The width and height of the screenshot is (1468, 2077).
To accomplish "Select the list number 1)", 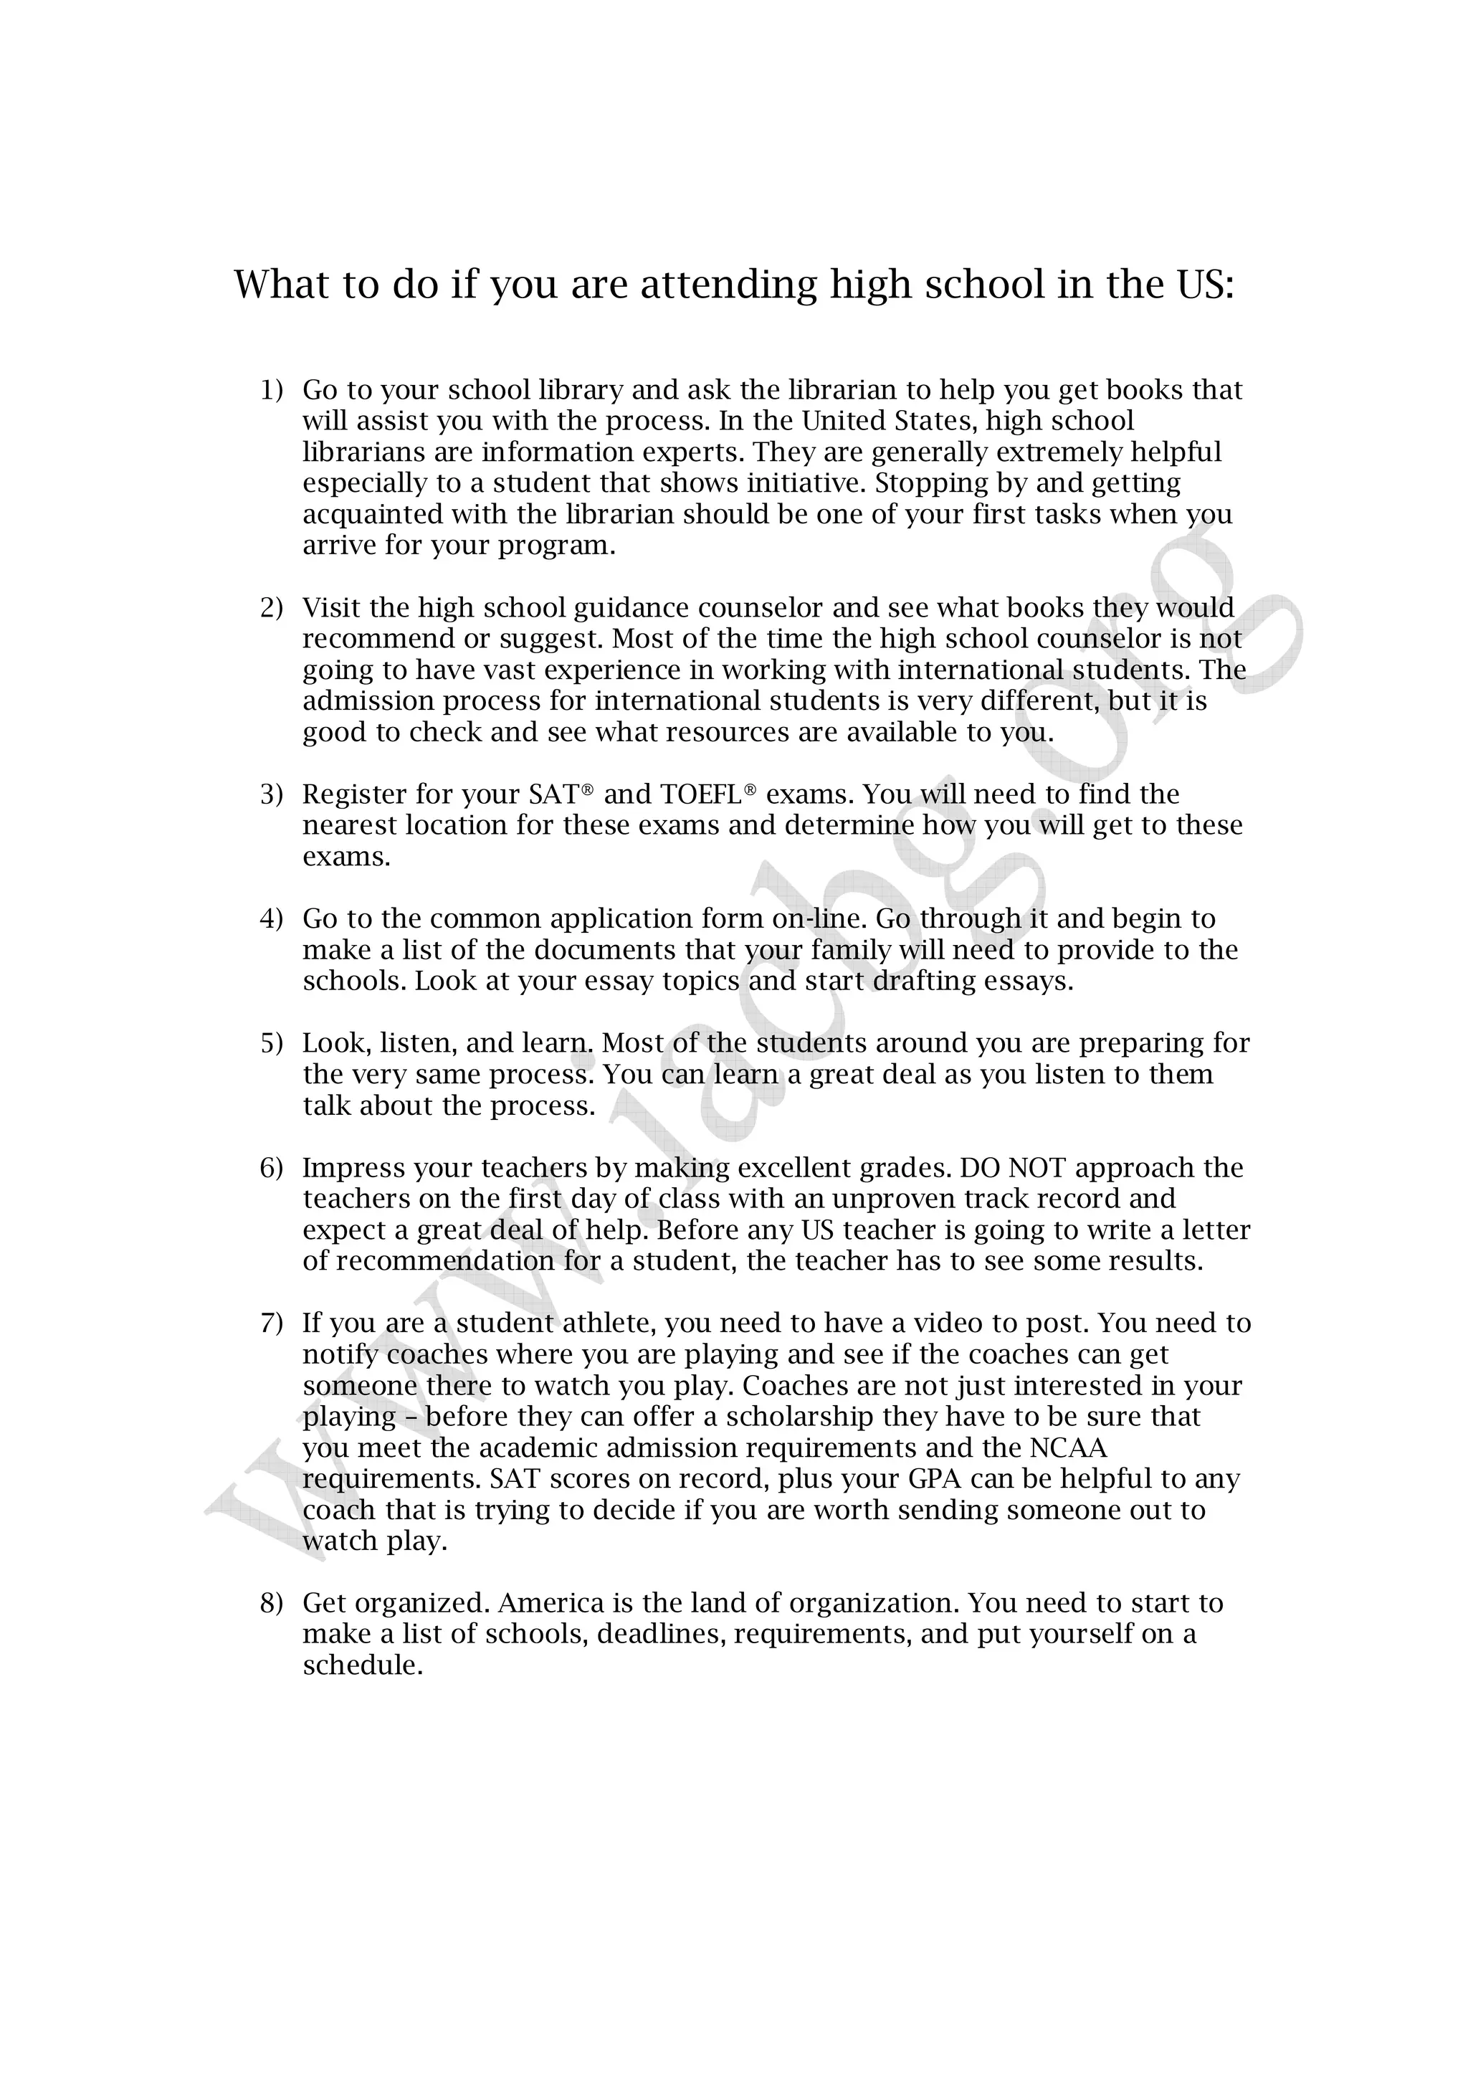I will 272,391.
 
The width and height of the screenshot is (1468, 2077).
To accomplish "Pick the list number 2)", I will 272,608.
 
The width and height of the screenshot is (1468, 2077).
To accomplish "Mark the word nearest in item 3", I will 349,826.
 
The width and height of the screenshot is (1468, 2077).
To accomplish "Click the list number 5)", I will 272,1044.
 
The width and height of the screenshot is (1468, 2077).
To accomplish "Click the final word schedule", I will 362,1666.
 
